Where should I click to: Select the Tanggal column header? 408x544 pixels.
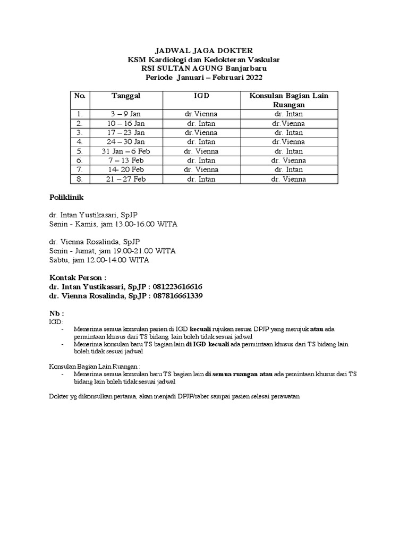(126, 96)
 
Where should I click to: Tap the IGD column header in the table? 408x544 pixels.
(200, 96)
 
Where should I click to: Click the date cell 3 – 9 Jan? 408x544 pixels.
(126, 114)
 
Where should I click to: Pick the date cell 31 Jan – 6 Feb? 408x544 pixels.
(126, 151)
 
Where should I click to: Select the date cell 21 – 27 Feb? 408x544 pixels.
(126, 179)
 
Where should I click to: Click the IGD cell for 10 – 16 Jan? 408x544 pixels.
(200, 123)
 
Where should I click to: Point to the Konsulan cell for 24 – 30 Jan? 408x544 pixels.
(288, 142)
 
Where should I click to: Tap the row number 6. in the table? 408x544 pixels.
(80, 160)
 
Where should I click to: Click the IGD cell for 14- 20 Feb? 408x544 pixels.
(200, 169)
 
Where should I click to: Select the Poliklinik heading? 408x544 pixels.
(66, 198)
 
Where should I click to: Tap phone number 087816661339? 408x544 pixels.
(178, 295)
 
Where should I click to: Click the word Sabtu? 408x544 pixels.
(59, 260)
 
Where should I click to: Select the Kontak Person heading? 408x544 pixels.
(78, 277)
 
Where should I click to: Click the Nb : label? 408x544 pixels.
(56, 313)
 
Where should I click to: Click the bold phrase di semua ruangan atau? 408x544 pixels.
(239, 374)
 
